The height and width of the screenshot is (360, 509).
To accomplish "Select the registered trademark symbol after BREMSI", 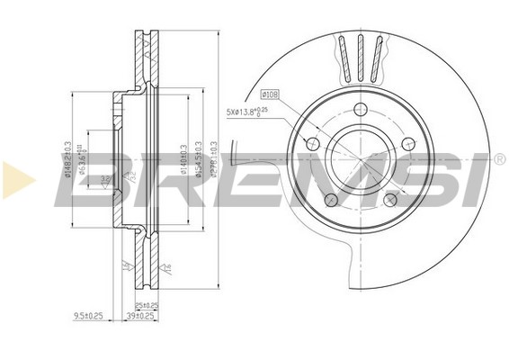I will [498, 158].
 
